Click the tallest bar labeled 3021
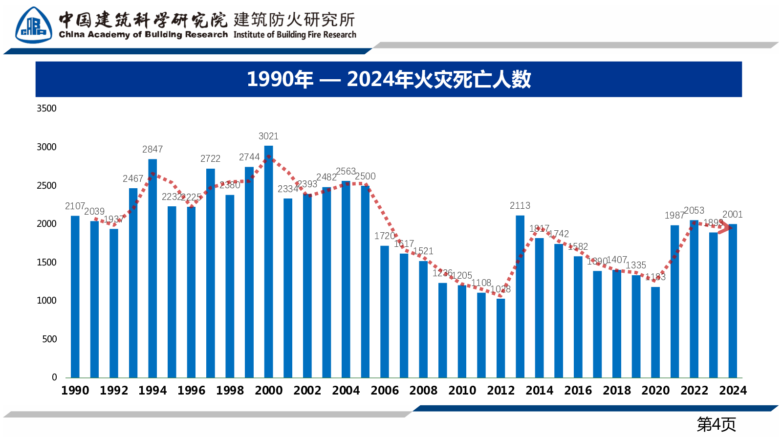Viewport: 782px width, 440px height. point(268,262)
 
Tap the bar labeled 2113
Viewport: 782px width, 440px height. point(520,296)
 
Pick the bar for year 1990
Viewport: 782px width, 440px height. point(75,296)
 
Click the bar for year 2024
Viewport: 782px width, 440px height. point(733,301)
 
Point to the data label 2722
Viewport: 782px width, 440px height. point(210,158)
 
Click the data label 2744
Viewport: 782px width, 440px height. point(249,157)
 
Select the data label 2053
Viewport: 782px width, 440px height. point(694,210)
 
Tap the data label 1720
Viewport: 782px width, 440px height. point(385,236)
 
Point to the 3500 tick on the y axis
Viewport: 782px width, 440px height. point(46,108)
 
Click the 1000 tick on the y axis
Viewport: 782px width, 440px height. point(46,301)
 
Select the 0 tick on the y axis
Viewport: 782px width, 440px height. point(54,377)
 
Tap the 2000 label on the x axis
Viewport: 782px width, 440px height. point(268,390)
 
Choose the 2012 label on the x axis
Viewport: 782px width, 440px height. point(500,390)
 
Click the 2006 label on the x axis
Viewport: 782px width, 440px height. point(385,390)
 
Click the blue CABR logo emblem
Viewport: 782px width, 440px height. point(33,25)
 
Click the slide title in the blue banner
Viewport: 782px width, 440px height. point(389,79)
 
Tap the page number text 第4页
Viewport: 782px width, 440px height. point(716,424)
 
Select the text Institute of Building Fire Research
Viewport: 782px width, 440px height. point(295,35)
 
